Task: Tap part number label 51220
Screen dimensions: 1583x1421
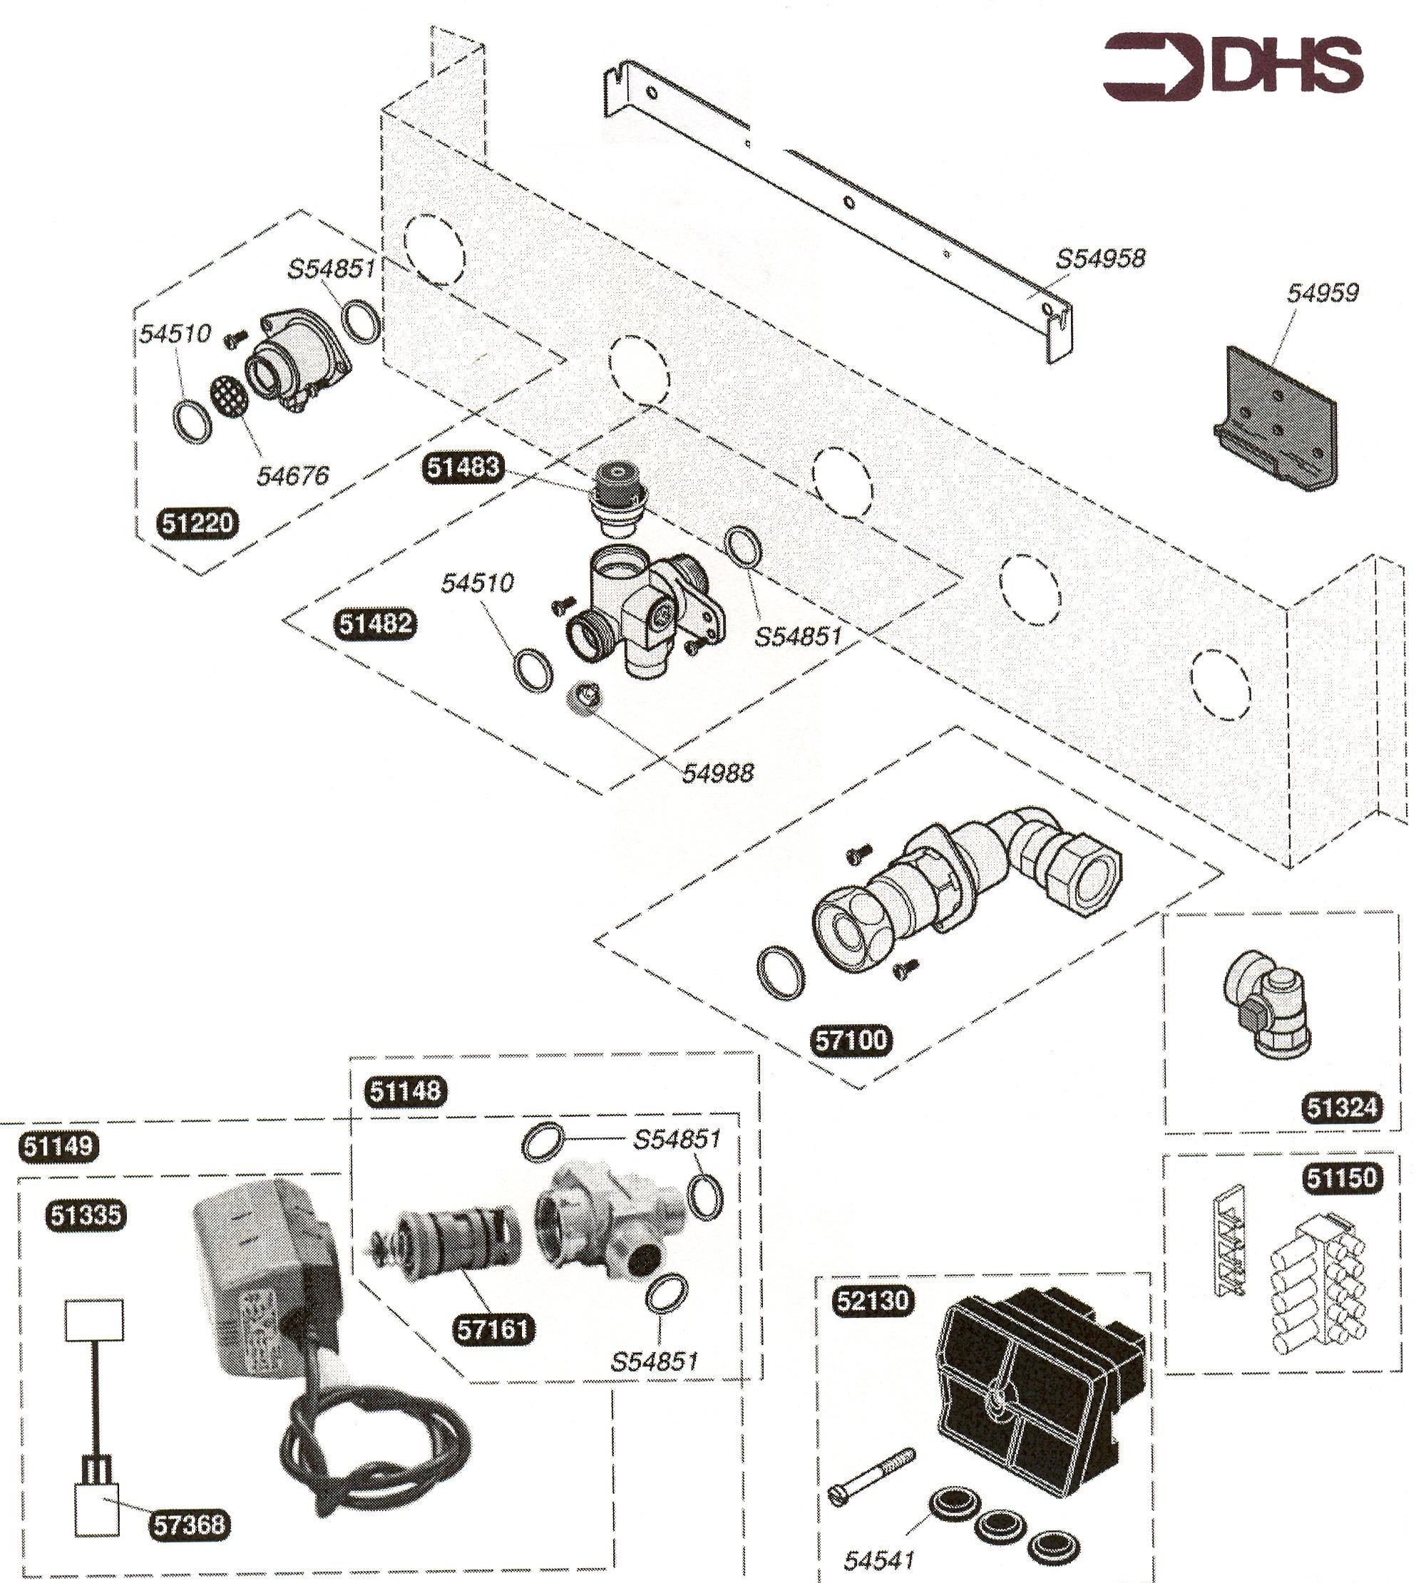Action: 197,522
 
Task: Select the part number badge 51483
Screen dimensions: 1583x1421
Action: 462,467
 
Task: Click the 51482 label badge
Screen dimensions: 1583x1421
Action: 375,624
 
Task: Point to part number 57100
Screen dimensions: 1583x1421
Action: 851,1041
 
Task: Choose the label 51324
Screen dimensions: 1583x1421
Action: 1341,1107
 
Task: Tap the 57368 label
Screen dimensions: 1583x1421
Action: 189,1524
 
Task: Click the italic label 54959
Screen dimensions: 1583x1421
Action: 1323,293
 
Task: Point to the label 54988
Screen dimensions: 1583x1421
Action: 717,773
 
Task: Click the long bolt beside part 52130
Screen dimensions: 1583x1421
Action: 870,1478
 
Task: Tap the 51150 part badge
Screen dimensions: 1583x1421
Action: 1341,1177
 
